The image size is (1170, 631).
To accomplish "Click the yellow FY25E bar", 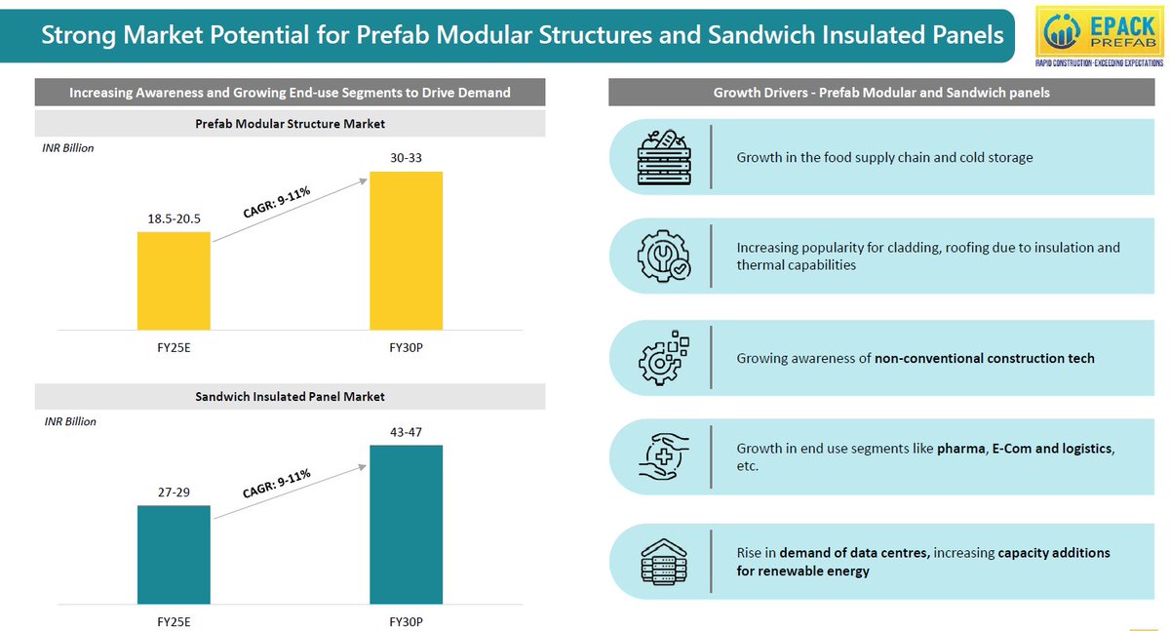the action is (174, 281).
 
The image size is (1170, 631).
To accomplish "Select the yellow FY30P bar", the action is (407, 251).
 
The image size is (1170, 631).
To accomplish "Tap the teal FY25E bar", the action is (174, 555).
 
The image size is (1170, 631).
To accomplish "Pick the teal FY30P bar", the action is (407, 525).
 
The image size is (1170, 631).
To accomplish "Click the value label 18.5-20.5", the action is (174, 218).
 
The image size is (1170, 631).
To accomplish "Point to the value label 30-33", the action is (406, 158).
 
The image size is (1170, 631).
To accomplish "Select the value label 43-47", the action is (406, 432).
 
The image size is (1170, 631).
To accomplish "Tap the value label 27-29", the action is (174, 493).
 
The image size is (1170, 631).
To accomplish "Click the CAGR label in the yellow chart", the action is (277, 202).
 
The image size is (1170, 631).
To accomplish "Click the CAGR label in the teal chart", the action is (277, 483).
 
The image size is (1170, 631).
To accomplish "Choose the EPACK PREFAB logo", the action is (1100, 36).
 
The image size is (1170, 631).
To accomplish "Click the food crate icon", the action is (664, 157).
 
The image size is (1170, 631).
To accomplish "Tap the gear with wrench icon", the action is (664, 256).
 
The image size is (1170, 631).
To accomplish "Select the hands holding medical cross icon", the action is (664, 456).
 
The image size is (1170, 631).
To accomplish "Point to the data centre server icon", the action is (664, 562).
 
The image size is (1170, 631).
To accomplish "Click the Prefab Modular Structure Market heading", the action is (290, 124).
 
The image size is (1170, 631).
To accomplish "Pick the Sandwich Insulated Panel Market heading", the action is (290, 397).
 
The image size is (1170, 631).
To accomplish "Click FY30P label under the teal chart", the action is (406, 621).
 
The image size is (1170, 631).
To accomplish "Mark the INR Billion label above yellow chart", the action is (68, 148).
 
